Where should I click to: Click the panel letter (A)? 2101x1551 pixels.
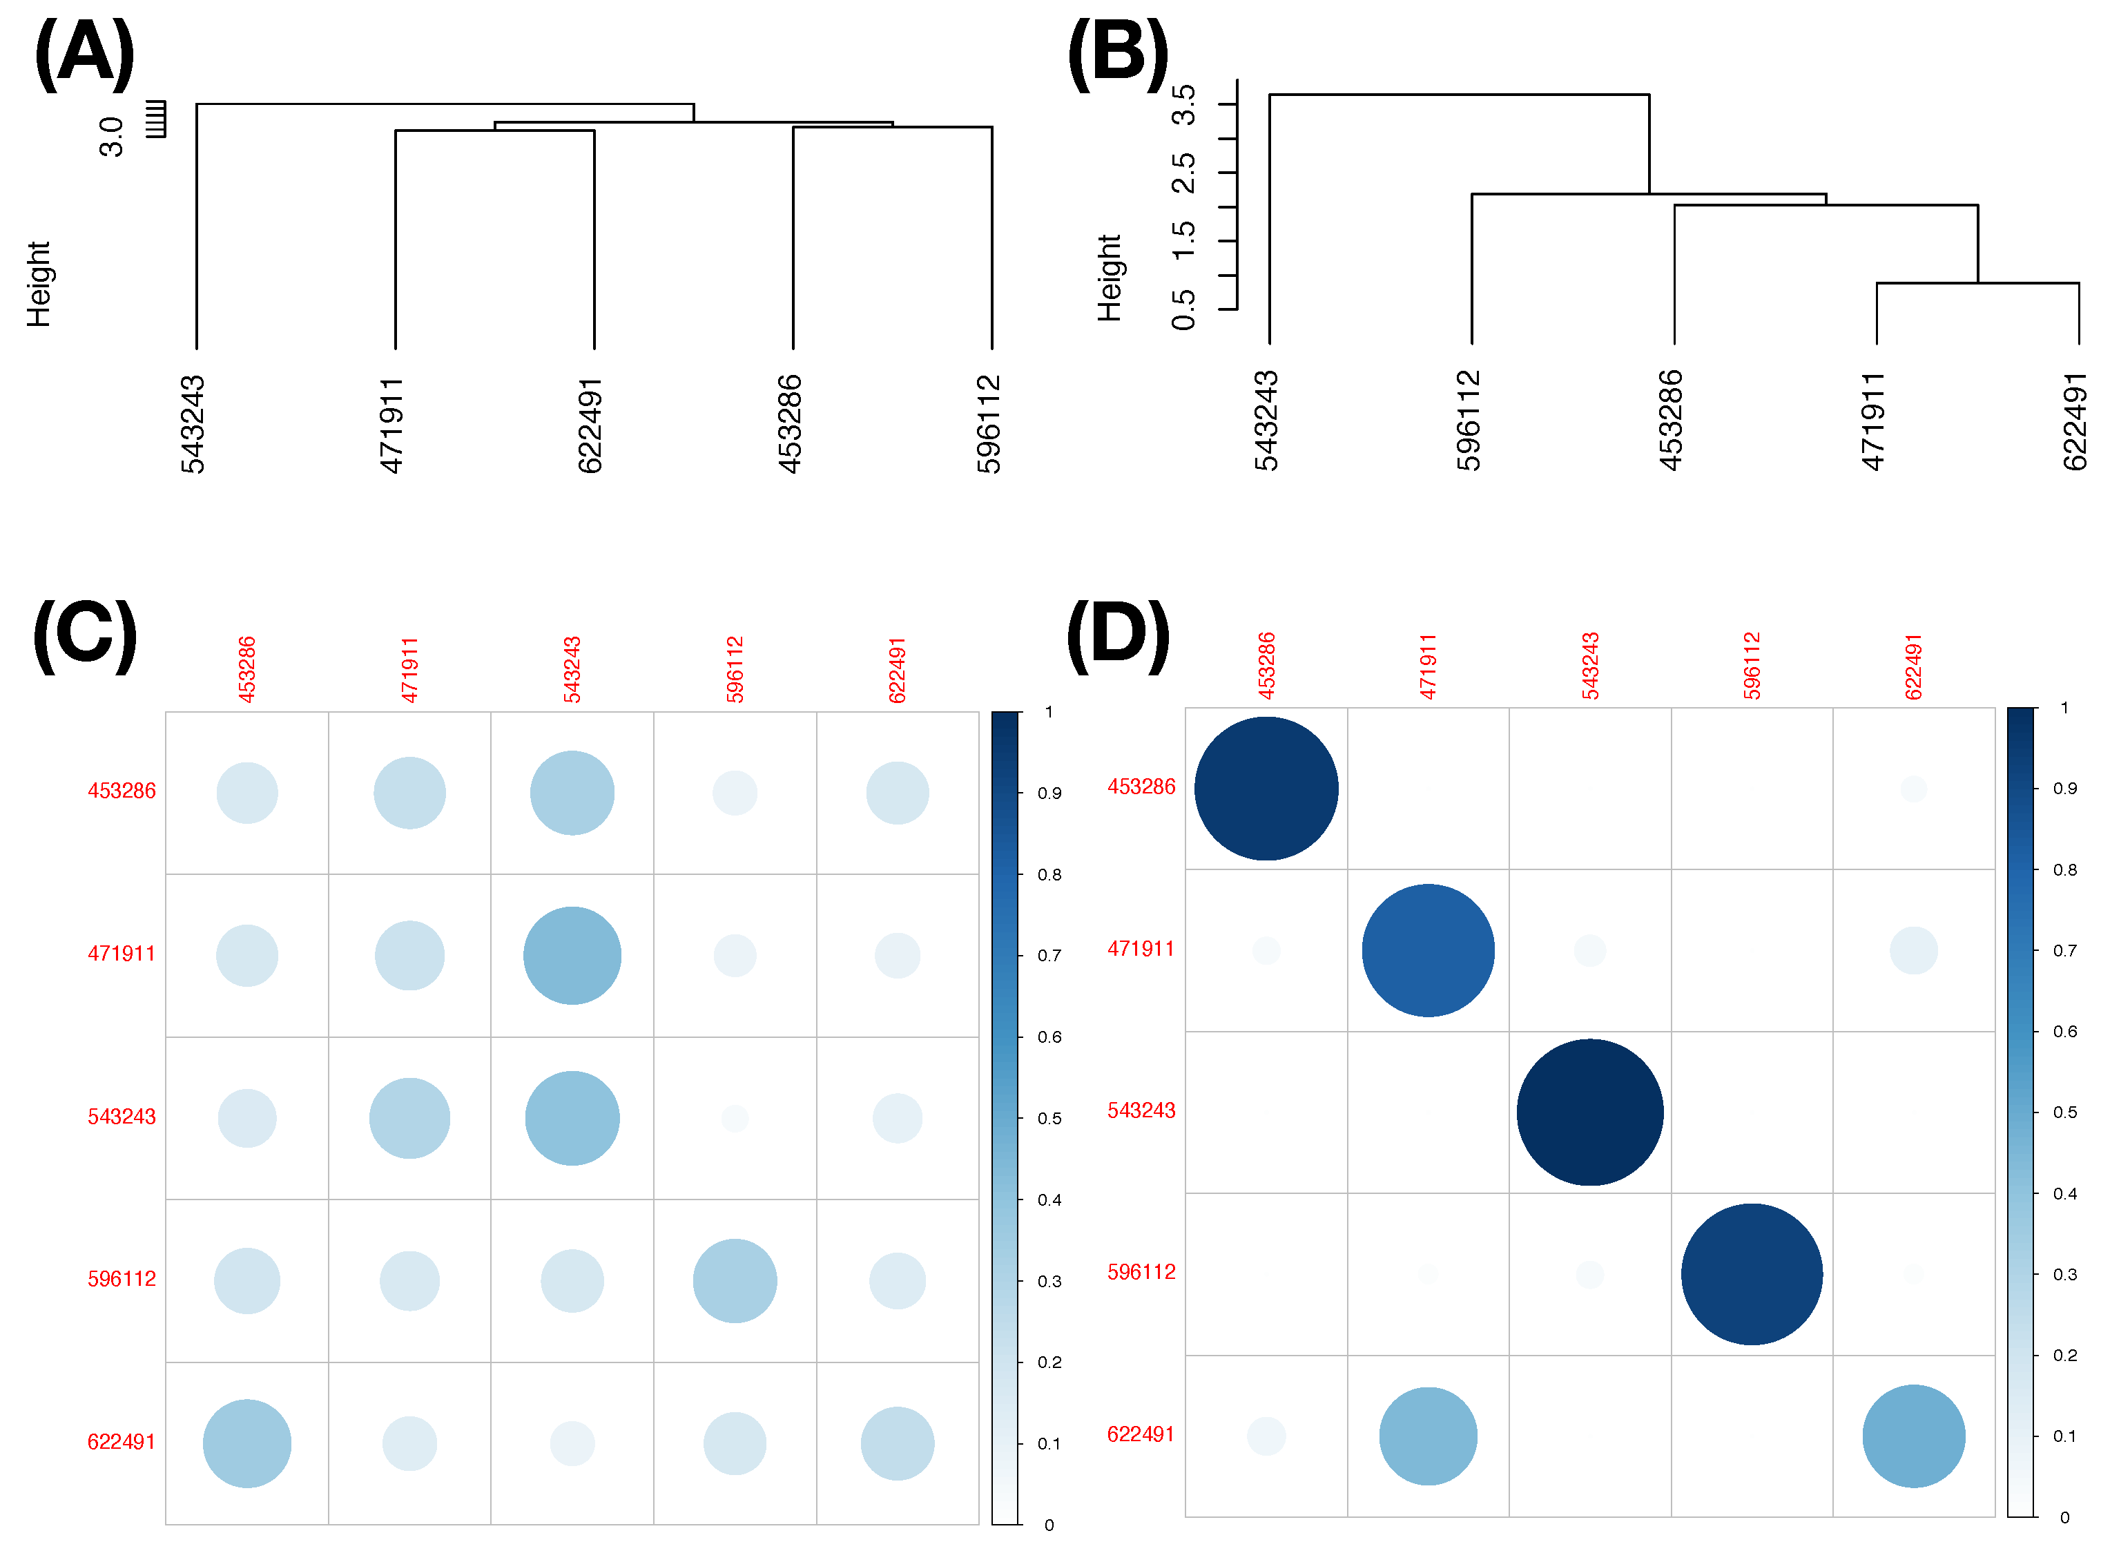pyautogui.click(x=84, y=55)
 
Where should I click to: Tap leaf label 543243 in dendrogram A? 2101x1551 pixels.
pyautogui.click(x=193, y=425)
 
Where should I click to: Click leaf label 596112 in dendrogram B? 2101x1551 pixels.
pyautogui.click(x=1469, y=421)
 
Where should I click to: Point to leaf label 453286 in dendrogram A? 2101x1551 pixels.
pyautogui.click(x=790, y=425)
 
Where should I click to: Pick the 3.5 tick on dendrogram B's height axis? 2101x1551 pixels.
pyautogui.click(x=1185, y=104)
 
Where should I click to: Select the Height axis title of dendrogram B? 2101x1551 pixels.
pyautogui.click(x=1110, y=279)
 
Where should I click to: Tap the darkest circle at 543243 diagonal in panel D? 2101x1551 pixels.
pyautogui.click(x=1589, y=1112)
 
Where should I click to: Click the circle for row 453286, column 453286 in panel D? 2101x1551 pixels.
pyautogui.click(x=1266, y=789)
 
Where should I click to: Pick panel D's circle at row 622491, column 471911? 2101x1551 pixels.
pyautogui.click(x=1428, y=1436)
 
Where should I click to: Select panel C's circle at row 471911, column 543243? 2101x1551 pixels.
pyautogui.click(x=572, y=956)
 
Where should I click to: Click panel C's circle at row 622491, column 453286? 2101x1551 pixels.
pyautogui.click(x=247, y=1444)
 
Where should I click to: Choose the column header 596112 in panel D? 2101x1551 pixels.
pyautogui.click(x=1752, y=666)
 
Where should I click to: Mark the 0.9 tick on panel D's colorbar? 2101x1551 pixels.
pyautogui.click(x=2064, y=789)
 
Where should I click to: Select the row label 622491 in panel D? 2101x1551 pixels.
pyautogui.click(x=1141, y=1434)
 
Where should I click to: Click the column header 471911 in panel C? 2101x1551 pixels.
pyautogui.click(x=409, y=669)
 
